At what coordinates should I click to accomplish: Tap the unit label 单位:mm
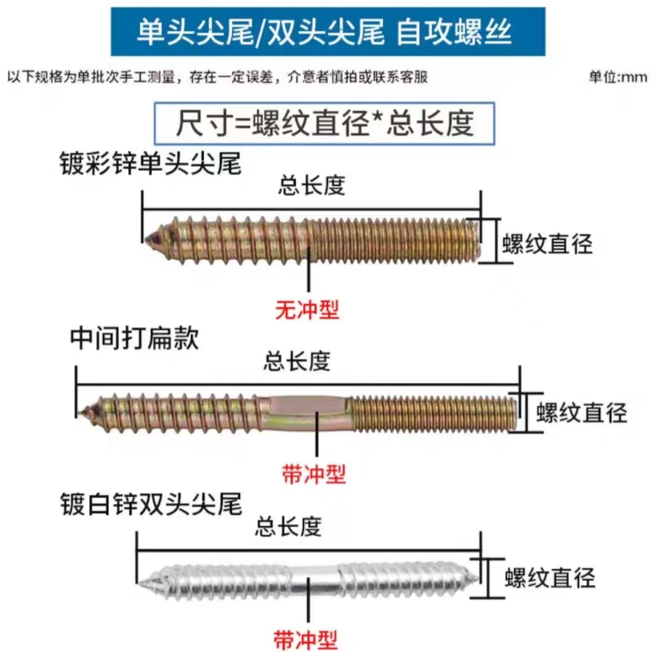point(618,77)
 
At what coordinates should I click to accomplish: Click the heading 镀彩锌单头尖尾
point(150,165)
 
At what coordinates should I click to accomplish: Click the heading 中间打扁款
point(135,338)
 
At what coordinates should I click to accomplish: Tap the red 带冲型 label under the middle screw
point(314,473)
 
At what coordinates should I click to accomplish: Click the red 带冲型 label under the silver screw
point(305,639)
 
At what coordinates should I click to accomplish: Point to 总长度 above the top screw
point(311,186)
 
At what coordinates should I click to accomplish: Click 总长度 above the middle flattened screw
point(297,362)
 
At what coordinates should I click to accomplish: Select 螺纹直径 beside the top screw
point(547,244)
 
